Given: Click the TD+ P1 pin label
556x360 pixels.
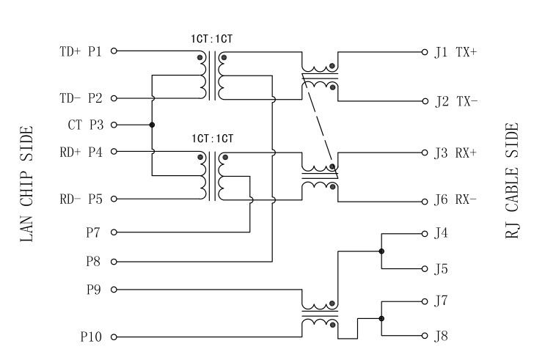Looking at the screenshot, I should [81, 52].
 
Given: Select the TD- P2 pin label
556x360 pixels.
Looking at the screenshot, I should [81, 98].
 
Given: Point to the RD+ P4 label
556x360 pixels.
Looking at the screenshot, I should [81, 153].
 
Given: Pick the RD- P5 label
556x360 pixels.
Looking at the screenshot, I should [81, 199].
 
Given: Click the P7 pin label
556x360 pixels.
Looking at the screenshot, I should [94, 233].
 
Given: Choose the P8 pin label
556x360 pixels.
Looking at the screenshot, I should [94, 261].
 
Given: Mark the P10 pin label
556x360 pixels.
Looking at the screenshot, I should [92, 337].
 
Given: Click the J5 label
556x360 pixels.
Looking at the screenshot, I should [441, 269].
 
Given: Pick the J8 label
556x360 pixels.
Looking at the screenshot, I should [441, 337].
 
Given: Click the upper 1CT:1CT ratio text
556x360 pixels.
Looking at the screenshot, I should [213, 38].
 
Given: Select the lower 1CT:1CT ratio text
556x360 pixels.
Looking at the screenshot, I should [213, 139].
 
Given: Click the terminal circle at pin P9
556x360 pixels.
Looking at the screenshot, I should [114, 290].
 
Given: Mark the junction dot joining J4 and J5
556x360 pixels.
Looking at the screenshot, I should [381, 251].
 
